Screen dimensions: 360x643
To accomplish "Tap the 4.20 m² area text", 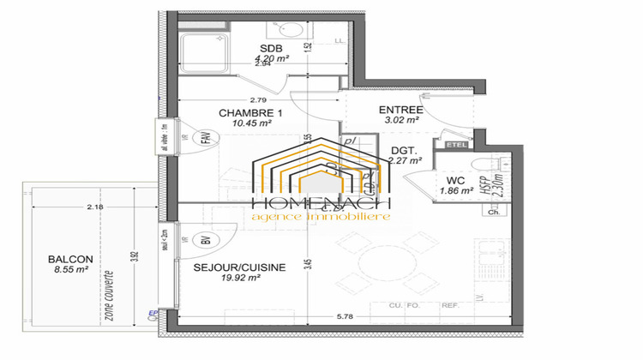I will click(271, 60).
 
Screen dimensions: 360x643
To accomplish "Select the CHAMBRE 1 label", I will click(249, 113).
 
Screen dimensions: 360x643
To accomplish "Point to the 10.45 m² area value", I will click(251, 124).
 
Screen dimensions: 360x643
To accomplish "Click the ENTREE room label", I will click(401, 110).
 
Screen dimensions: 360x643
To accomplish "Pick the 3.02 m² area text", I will click(401, 121).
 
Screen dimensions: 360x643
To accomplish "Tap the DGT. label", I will click(403, 148).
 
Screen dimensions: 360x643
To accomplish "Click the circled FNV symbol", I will click(205, 136).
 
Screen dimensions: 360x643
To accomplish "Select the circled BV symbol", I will click(205, 241).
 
